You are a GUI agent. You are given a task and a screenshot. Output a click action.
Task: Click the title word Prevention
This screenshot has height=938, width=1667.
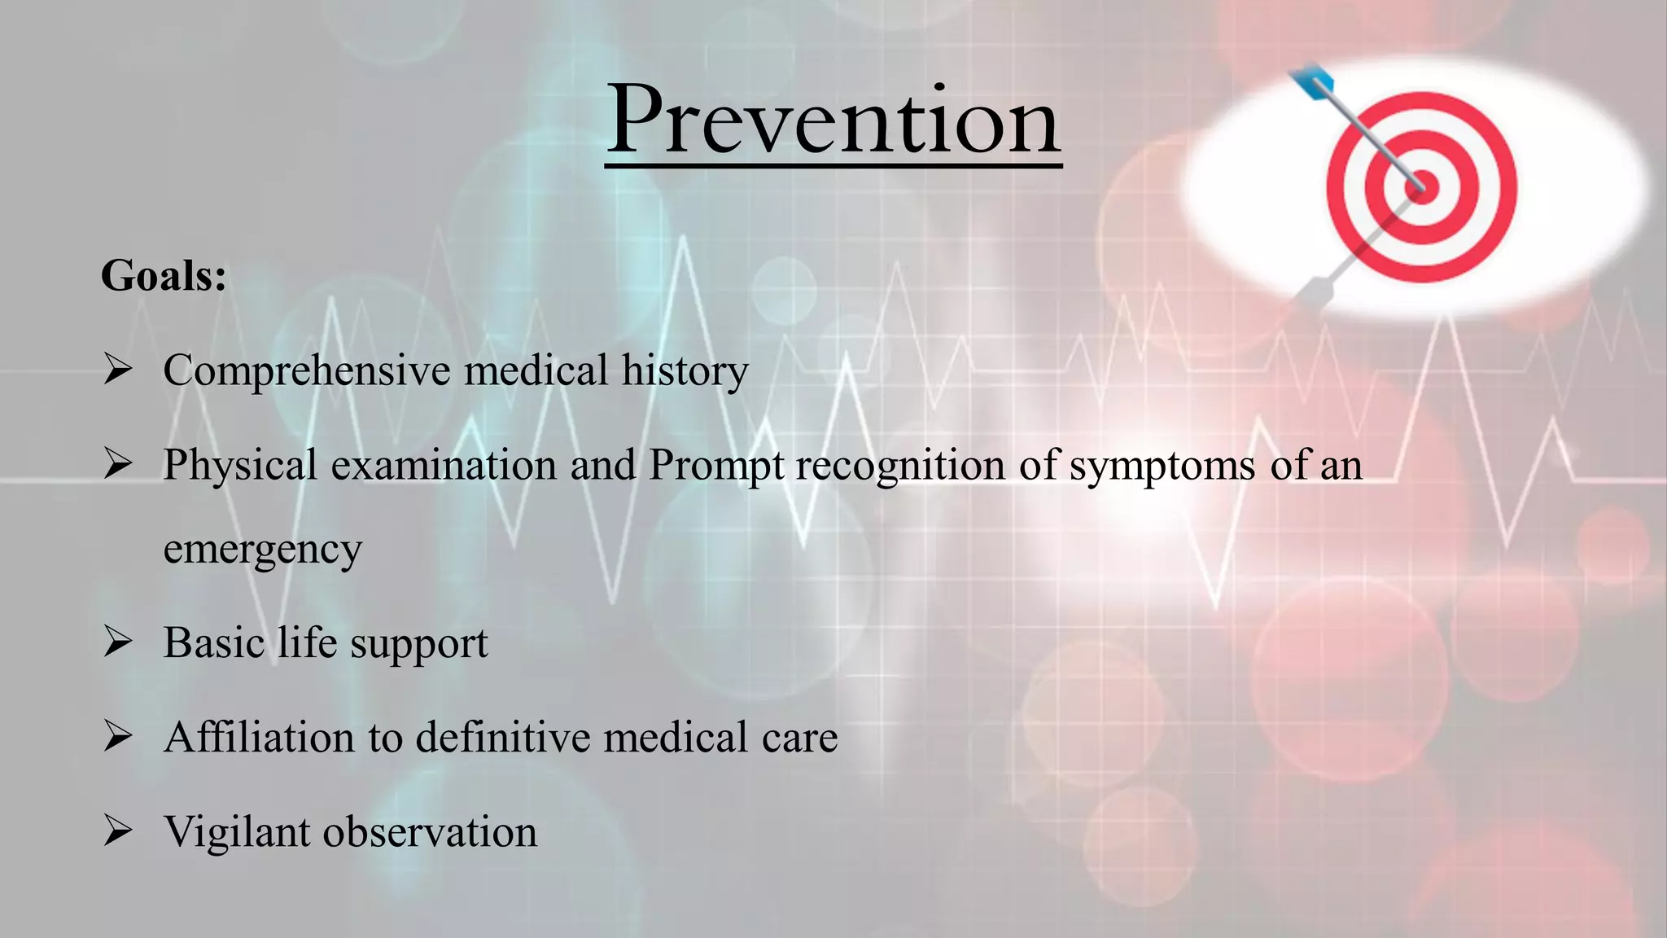coord(833,121)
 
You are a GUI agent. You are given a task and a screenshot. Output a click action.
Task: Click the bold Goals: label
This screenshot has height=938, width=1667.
coord(164,275)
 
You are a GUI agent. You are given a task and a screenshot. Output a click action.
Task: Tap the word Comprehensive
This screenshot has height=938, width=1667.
coord(307,370)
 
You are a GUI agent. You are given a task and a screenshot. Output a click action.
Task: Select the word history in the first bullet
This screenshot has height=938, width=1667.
coord(685,370)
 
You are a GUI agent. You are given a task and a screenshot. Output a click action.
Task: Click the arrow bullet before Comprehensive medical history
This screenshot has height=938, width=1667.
coord(118,370)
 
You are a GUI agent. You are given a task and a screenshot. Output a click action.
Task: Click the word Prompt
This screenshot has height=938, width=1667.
coord(716,466)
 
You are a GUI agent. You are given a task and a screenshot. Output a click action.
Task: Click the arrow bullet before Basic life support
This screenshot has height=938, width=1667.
coord(118,642)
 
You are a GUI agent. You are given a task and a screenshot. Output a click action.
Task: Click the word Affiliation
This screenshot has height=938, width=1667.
coord(259,737)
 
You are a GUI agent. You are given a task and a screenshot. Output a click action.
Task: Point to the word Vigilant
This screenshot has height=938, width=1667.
coord(237,832)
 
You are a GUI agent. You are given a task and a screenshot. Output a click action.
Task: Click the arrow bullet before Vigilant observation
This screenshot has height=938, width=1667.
coord(118,831)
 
